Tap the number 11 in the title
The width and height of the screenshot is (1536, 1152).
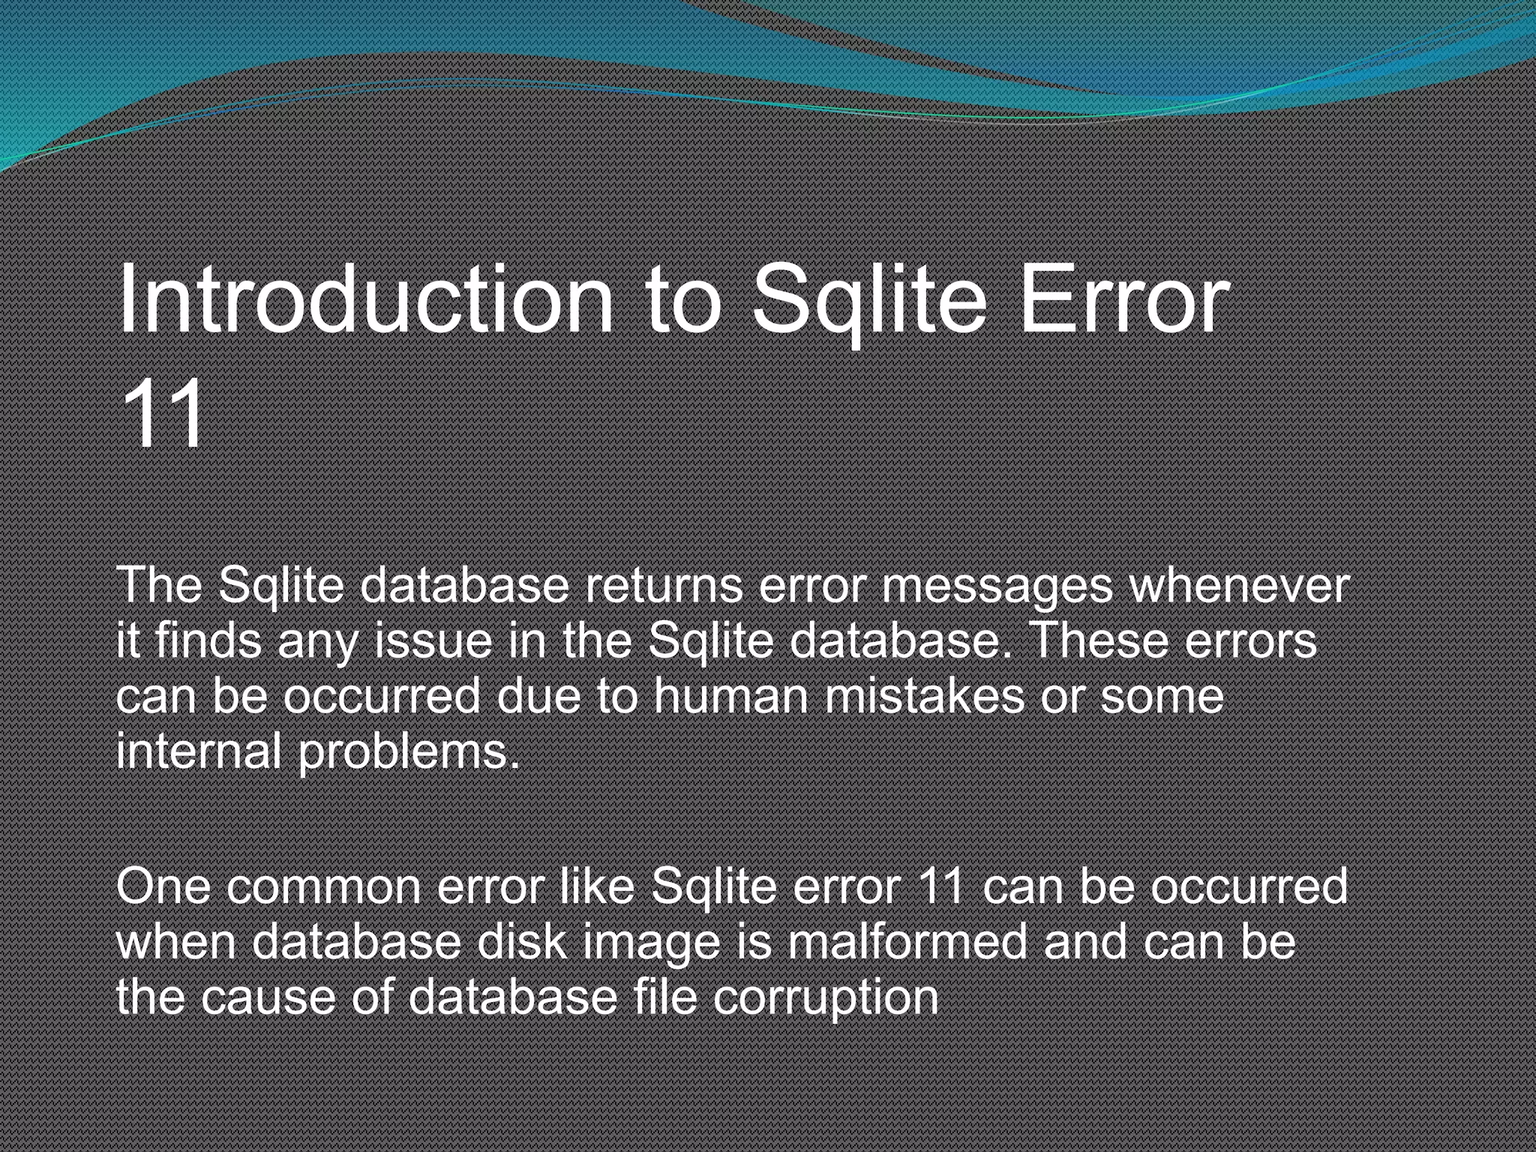coord(163,413)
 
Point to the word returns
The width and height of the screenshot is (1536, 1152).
coord(664,586)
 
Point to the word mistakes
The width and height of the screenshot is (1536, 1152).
coord(924,697)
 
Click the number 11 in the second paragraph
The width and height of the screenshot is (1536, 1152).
coord(940,886)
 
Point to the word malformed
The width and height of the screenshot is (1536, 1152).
coord(907,942)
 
